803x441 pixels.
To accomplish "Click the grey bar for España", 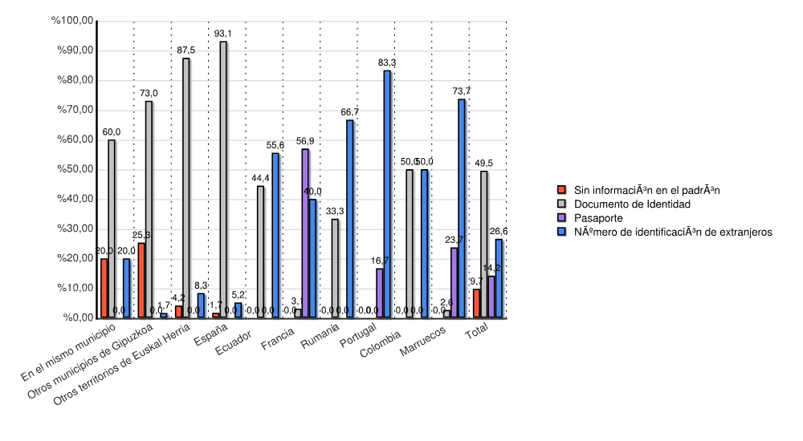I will point(223,180).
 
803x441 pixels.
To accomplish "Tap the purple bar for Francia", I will point(305,233).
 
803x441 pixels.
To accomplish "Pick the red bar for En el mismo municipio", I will point(104,288).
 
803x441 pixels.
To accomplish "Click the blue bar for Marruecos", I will point(462,208).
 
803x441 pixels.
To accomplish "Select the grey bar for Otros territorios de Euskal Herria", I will point(186,188).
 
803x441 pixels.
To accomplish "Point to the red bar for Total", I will point(477,303).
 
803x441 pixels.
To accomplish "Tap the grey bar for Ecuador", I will point(260,252).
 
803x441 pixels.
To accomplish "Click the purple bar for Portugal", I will point(380,293).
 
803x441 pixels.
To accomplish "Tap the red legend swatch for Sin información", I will point(563,190).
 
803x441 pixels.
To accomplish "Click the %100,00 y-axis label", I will point(71,21).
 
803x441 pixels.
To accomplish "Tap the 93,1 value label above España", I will point(223,34).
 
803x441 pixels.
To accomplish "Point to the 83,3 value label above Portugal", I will point(387,63).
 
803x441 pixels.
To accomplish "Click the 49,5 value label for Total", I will point(484,164).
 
